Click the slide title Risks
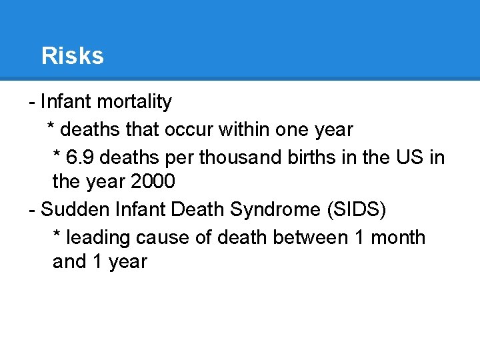pyautogui.click(x=72, y=56)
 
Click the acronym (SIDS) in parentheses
pyautogui.click(x=355, y=209)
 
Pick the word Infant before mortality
pyautogui.click(x=66, y=102)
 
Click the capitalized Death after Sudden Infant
pyautogui.click(x=198, y=209)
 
